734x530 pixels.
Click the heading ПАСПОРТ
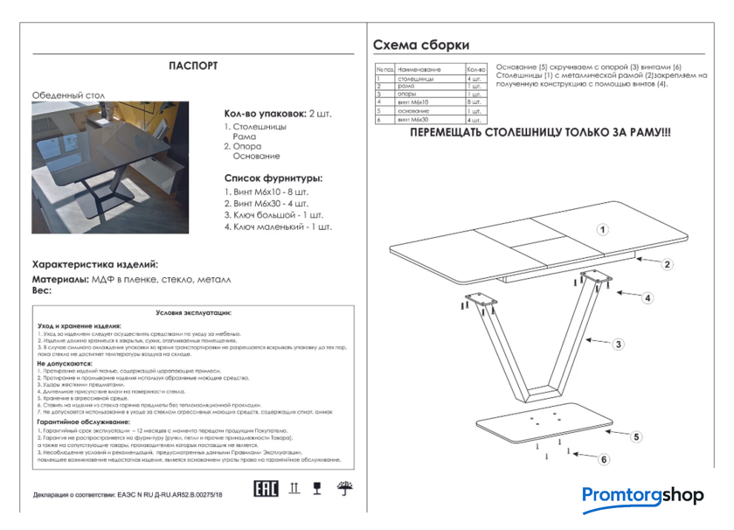(193, 66)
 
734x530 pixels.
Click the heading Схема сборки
(421, 45)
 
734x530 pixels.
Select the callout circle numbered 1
(603, 230)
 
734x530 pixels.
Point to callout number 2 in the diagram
(666, 264)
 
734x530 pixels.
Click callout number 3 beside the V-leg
(618, 345)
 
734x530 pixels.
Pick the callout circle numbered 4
(647, 298)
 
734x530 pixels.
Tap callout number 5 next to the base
(637, 436)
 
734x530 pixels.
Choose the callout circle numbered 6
(604, 459)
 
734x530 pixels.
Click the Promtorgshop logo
(642, 496)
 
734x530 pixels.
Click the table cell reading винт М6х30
(413, 120)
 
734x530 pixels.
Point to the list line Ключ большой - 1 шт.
(274, 214)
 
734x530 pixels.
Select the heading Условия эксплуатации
(193, 311)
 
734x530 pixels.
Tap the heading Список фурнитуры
(274, 178)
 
